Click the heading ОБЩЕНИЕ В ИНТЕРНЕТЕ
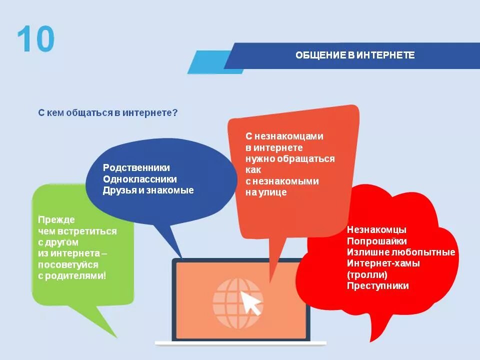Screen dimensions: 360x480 355,55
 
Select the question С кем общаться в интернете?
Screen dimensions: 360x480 108,113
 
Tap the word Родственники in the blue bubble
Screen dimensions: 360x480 136,168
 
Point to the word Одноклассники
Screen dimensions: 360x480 140,179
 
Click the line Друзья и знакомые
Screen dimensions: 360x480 148,190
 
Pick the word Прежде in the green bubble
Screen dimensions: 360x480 56,219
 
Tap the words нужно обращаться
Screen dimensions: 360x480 290,158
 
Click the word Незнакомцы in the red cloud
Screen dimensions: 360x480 376,230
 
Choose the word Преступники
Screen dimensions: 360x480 378,286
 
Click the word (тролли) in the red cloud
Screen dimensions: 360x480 367,274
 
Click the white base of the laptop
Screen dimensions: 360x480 240,343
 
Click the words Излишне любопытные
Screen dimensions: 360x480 401,252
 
